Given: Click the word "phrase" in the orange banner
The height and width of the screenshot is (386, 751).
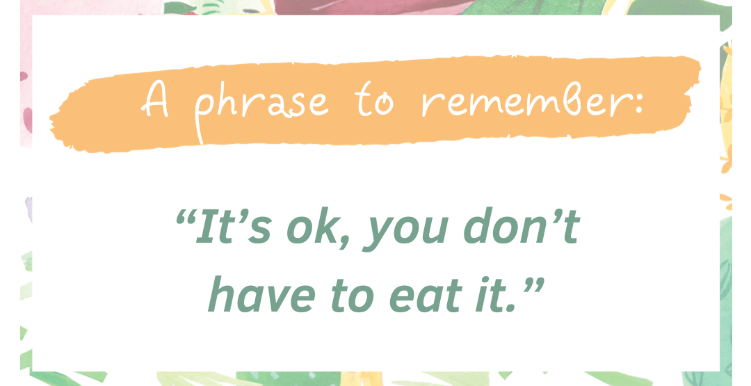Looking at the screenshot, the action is (261, 108).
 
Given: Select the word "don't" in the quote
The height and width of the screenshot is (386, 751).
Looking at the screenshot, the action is (522, 225).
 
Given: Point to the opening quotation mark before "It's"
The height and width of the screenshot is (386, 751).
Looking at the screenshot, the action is (185, 218).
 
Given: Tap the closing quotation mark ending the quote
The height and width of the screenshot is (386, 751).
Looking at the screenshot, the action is (533, 287).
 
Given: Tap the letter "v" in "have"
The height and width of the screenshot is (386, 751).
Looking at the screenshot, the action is (277, 298).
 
